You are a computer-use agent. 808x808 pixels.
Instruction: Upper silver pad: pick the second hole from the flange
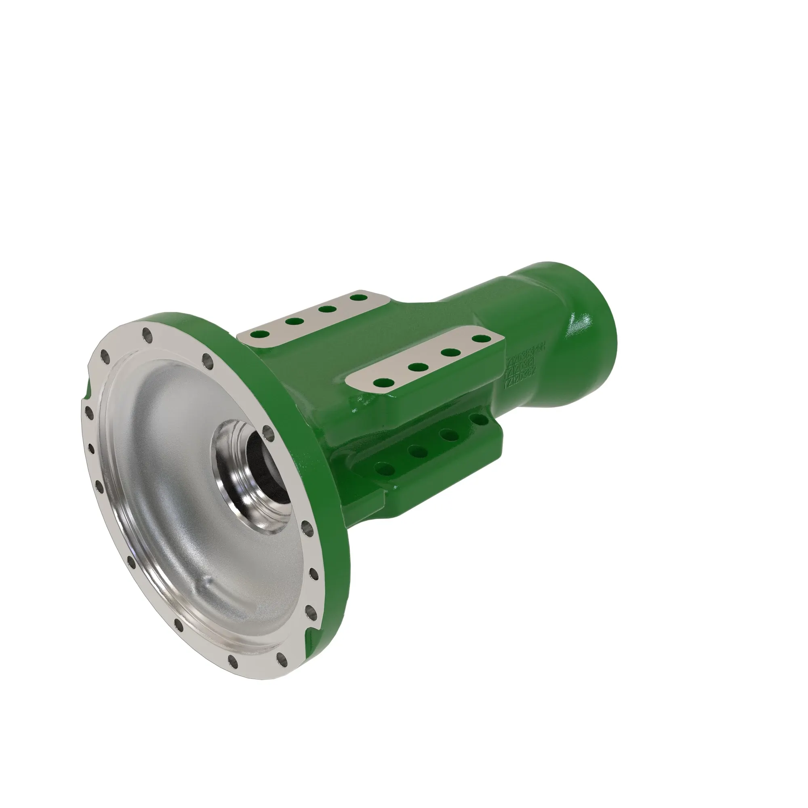295,322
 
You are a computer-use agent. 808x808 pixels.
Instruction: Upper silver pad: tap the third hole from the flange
327,309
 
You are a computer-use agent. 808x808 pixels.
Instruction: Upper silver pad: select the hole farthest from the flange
358,298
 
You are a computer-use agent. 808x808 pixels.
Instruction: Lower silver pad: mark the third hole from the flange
450,352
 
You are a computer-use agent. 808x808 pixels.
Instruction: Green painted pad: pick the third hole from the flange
449,435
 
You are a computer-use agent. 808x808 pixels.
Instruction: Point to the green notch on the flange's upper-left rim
87,391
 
